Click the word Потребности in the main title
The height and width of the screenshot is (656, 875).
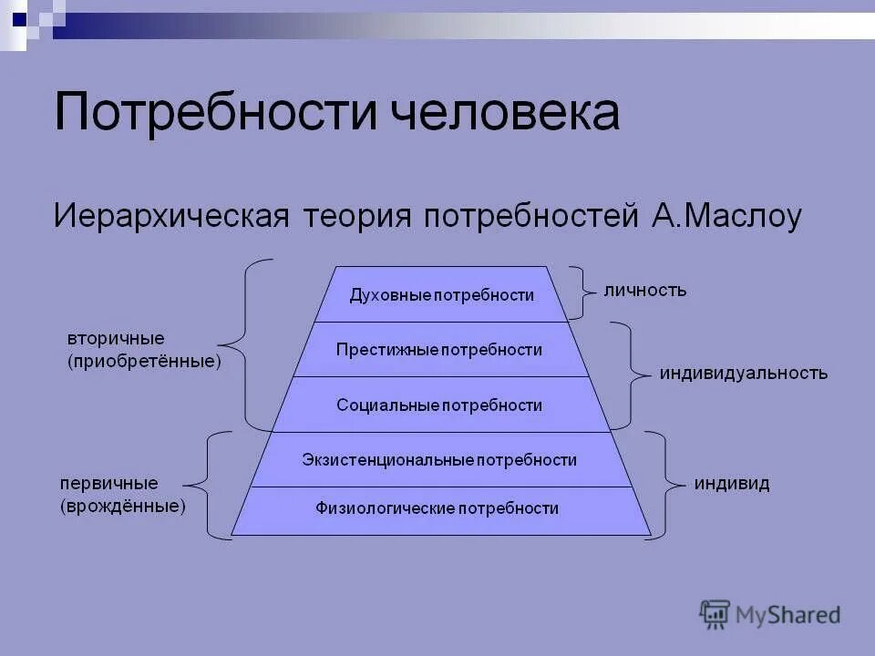click(x=215, y=113)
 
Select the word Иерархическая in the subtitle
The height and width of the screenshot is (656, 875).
click(x=171, y=217)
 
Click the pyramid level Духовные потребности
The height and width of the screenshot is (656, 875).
click(x=441, y=295)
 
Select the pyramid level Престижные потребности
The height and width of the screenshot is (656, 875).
click(x=438, y=350)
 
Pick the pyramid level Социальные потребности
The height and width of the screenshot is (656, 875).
click(x=438, y=405)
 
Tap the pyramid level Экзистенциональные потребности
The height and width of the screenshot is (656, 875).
click(x=439, y=460)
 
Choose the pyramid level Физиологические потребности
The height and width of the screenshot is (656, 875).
click(x=437, y=508)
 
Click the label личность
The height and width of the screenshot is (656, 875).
click(x=645, y=291)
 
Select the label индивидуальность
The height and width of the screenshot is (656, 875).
click(x=744, y=374)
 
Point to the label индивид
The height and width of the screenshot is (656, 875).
click(x=732, y=484)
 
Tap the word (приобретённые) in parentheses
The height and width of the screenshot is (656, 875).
click(x=144, y=362)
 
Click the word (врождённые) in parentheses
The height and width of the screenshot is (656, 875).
click(x=124, y=506)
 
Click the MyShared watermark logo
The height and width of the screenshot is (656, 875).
click(x=770, y=614)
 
